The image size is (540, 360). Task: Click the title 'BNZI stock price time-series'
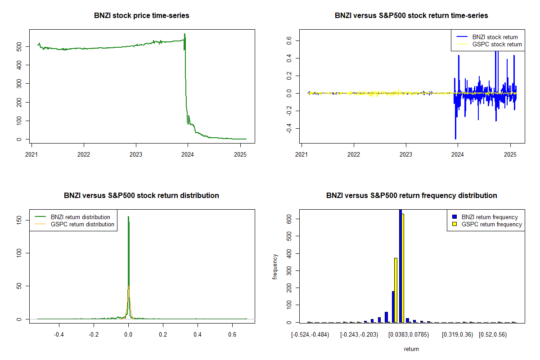142,16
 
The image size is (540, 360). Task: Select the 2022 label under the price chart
84,154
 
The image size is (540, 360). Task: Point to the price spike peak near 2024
184,34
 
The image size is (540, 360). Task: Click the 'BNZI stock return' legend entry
495,37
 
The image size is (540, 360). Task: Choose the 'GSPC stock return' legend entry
497,45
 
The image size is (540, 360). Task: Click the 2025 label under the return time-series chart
510,154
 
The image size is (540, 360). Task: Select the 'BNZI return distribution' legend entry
81,217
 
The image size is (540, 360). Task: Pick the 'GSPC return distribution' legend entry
82,224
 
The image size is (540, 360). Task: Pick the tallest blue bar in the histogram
400,265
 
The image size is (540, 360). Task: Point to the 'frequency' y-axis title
275,266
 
